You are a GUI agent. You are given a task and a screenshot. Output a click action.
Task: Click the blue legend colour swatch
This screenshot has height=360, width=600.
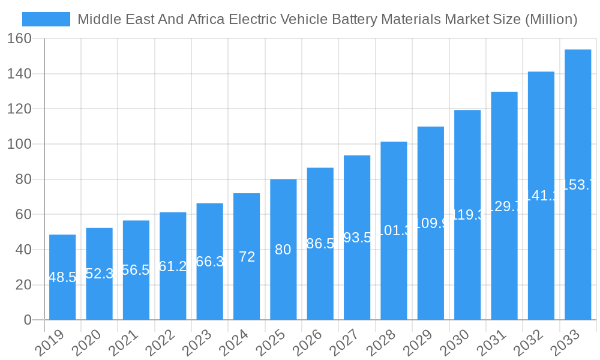46,19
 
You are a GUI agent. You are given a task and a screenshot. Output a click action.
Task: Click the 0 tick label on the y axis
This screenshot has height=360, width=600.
28,320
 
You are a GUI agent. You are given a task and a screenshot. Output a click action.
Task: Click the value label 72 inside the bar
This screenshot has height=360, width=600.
247,257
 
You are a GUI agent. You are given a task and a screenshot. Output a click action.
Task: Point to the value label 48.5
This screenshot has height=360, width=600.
62,277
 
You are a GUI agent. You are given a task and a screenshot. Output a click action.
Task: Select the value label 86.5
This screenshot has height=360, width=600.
320,244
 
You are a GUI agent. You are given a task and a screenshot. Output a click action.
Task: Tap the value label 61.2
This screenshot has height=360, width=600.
173,266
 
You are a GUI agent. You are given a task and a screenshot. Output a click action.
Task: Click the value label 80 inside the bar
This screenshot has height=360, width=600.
283,250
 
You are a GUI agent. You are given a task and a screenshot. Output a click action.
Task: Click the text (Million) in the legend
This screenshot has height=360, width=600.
551,19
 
